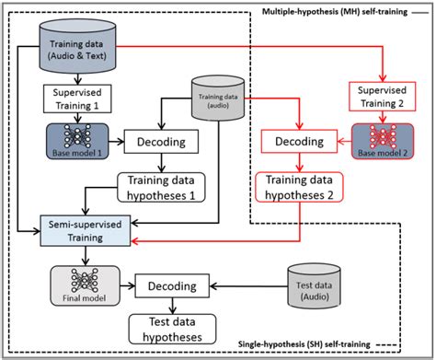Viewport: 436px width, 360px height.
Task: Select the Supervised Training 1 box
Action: point(77,99)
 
